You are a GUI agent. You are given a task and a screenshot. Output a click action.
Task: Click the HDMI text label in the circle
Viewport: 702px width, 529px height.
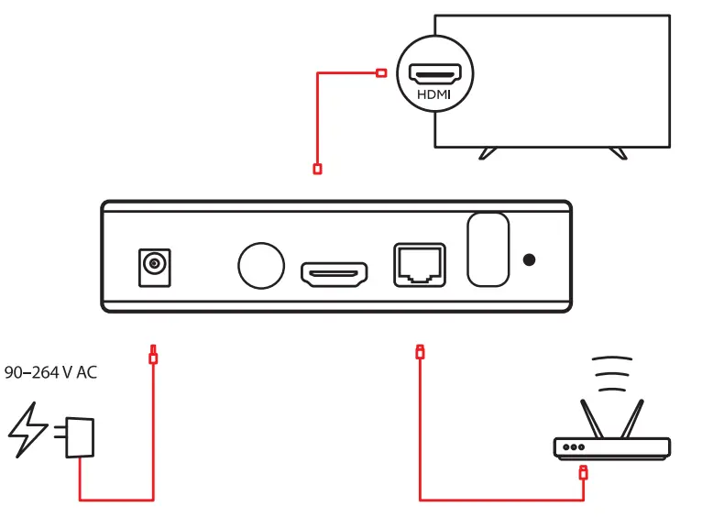434,94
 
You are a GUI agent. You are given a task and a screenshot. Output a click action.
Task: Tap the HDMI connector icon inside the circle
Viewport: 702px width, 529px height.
434,72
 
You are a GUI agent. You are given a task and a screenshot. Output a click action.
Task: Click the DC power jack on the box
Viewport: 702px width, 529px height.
152,265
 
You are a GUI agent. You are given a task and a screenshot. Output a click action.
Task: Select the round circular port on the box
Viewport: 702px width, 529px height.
261,265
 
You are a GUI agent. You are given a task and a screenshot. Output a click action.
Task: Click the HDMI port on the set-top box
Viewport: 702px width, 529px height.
335,272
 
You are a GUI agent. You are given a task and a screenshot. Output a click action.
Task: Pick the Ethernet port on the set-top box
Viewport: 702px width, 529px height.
419,265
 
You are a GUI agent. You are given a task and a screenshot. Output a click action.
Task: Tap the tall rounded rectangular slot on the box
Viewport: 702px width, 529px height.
488,248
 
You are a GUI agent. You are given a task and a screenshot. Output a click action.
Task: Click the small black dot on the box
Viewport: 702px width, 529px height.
529,260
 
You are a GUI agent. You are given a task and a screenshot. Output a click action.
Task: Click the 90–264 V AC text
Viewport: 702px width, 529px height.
50,373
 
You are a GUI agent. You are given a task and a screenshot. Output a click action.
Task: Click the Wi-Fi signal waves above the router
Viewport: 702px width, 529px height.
611,371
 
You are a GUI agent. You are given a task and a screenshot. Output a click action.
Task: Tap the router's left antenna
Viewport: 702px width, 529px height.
591,417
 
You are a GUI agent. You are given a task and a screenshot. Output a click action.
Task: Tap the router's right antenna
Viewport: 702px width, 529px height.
632,417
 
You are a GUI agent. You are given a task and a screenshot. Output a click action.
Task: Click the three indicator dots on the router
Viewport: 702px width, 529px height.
575,448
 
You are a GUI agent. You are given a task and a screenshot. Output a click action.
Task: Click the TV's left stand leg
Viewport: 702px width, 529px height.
488,153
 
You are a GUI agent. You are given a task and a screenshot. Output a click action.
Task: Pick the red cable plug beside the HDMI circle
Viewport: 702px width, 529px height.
382,72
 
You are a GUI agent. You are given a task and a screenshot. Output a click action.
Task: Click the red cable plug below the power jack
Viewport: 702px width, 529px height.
153,356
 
